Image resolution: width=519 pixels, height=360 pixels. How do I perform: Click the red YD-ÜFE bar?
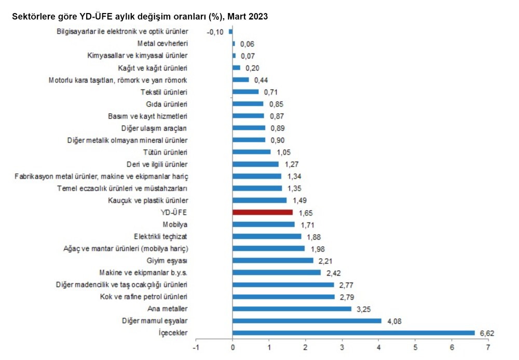[x=263, y=212]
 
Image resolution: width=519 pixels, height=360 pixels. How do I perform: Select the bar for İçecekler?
[x=353, y=333]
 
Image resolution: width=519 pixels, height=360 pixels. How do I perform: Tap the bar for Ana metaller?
[x=292, y=309]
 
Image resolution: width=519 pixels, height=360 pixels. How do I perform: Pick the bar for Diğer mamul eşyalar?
[x=307, y=321]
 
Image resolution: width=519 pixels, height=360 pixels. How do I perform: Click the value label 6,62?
[x=487, y=333]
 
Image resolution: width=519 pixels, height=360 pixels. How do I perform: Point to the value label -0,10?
[x=215, y=32]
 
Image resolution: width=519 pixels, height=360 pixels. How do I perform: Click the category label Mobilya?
[x=175, y=224]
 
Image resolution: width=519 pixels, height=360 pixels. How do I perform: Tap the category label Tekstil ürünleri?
[x=164, y=92]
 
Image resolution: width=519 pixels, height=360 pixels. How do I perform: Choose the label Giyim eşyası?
[x=167, y=261]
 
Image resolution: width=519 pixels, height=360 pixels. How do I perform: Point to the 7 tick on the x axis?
[x=488, y=346]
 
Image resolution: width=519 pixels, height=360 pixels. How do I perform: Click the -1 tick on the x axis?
[x=196, y=346]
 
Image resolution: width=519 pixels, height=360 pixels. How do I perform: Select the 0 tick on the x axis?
[x=233, y=346]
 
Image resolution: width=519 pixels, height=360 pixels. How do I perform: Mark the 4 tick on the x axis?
[x=379, y=346]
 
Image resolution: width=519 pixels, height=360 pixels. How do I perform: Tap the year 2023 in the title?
[x=258, y=17]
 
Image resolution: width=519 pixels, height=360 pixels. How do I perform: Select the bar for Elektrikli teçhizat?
[x=267, y=236]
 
